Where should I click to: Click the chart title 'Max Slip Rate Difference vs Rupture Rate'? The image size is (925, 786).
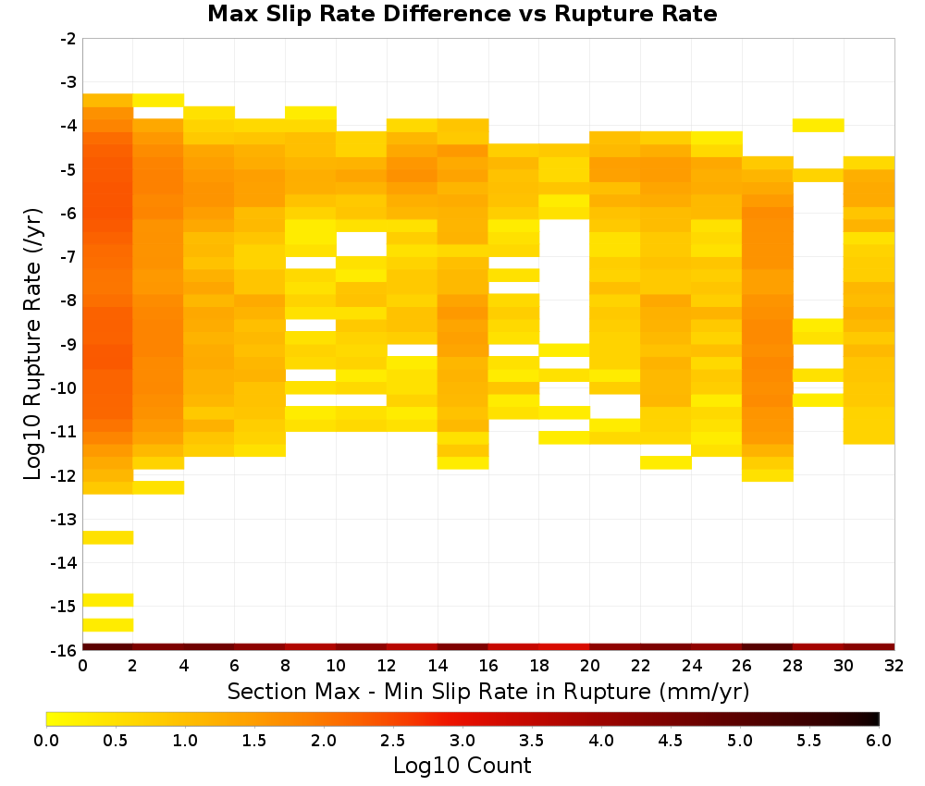462,14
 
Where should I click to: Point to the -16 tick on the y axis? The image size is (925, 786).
68,650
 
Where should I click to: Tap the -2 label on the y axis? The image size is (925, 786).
68,39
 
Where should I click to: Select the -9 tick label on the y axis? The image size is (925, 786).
68,344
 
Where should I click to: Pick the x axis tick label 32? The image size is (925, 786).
894,666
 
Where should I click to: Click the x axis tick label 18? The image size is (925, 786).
539,666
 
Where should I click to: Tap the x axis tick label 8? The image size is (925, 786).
286,666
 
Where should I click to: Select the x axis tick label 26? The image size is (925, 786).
742,666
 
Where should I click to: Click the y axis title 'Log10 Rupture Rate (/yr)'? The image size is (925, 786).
32,344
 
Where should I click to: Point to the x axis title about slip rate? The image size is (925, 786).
488,691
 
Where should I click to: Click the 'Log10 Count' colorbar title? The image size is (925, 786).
462,766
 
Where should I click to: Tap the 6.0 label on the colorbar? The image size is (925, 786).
879,741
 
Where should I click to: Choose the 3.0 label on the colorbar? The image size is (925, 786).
462,741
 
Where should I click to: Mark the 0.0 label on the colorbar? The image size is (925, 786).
46,741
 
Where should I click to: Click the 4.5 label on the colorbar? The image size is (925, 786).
671,741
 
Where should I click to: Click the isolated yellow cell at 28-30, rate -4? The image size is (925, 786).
819,125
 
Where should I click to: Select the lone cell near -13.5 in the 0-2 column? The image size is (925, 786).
108,537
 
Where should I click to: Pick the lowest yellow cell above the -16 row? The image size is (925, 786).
108,624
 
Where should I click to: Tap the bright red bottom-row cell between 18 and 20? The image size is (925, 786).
564,647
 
